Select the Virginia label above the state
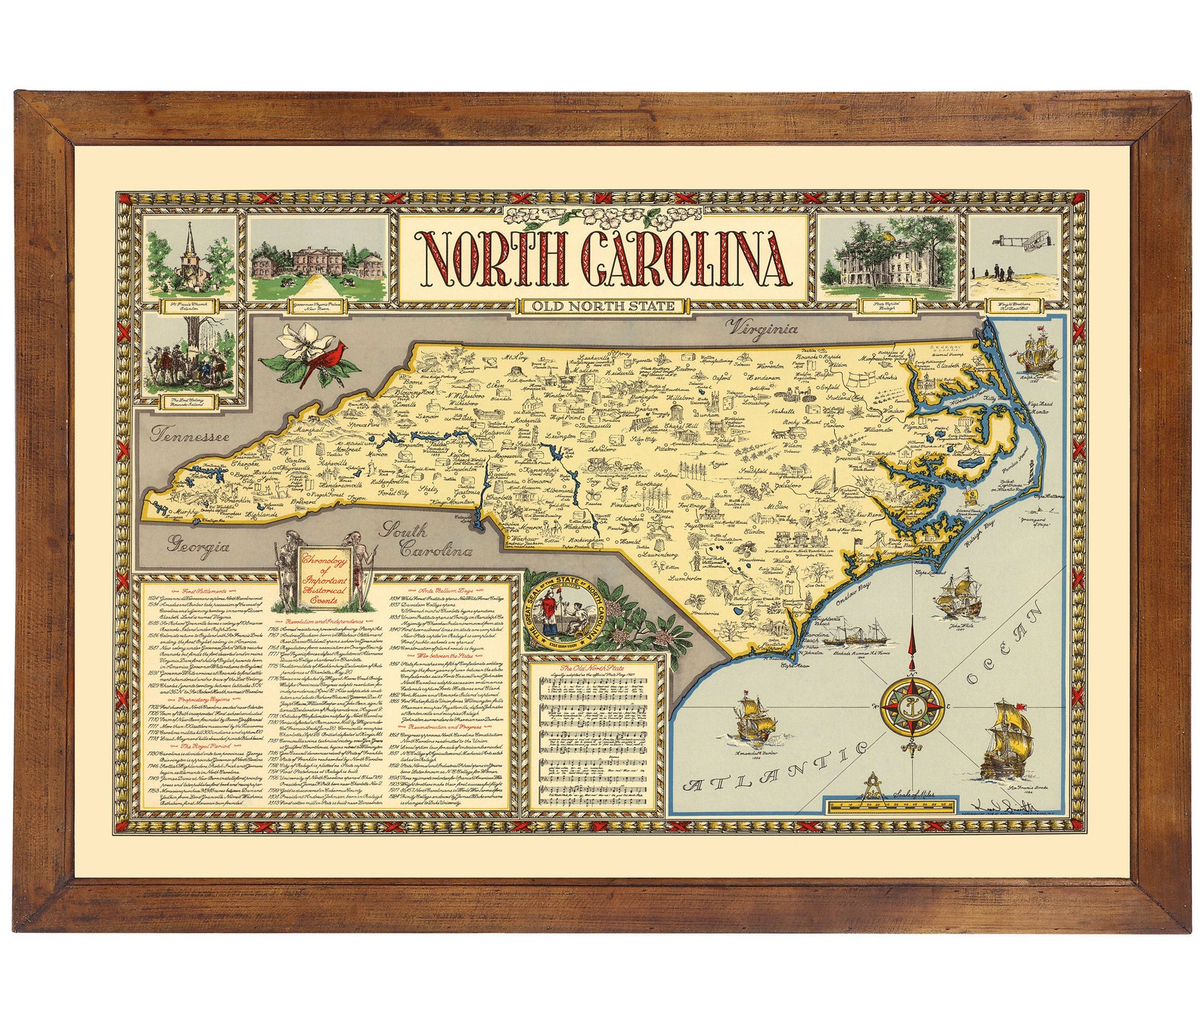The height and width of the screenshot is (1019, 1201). [x=762, y=328]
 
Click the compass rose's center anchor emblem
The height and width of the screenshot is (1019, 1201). [x=913, y=708]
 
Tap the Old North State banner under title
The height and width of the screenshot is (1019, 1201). [x=602, y=306]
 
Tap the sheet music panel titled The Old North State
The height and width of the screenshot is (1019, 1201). [x=597, y=733]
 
